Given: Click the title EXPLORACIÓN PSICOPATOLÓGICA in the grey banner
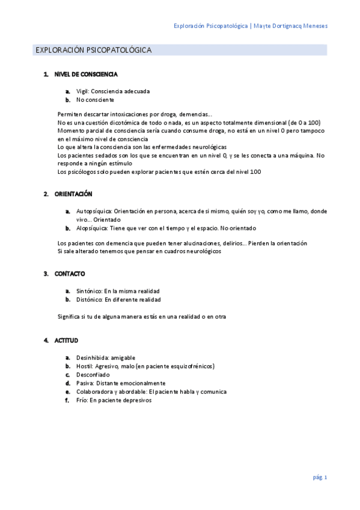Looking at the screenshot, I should (x=93, y=50).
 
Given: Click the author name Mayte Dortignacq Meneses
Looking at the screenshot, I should (x=291, y=26).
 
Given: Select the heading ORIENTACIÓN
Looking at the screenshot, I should (x=73, y=194).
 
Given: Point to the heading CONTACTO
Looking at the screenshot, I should (x=70, y=274).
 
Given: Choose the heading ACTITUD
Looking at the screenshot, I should (x=66, y=340).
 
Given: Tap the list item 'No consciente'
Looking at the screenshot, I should (x=95, y=100).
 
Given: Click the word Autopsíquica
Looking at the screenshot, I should (x=93, y=211).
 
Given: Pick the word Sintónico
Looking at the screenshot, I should (x=89, y=290).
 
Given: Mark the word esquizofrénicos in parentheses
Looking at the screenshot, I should (x=191, y=366).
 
